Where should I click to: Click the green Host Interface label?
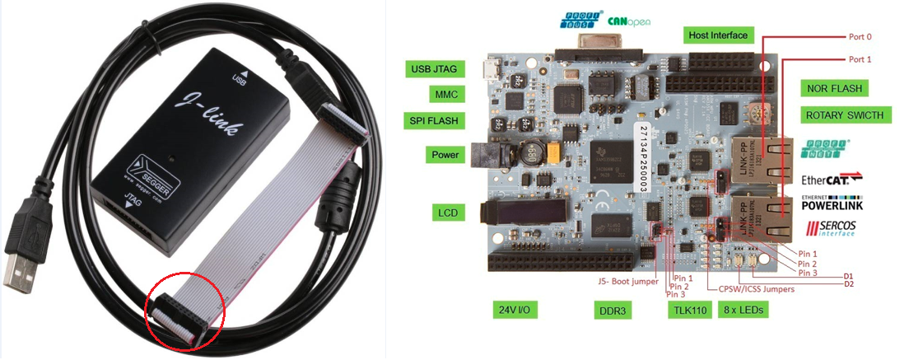[x=719, y=35]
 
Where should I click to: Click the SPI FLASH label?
[x=434, y=120]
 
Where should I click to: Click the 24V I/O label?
[x=517, y=311]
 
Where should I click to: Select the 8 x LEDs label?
[x=744, y=311]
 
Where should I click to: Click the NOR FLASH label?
[x=839, y=87]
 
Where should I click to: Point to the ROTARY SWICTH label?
[x=845, y=115]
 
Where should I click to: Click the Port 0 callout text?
[x=860, y=37]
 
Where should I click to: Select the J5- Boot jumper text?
[x=627, y=282]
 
